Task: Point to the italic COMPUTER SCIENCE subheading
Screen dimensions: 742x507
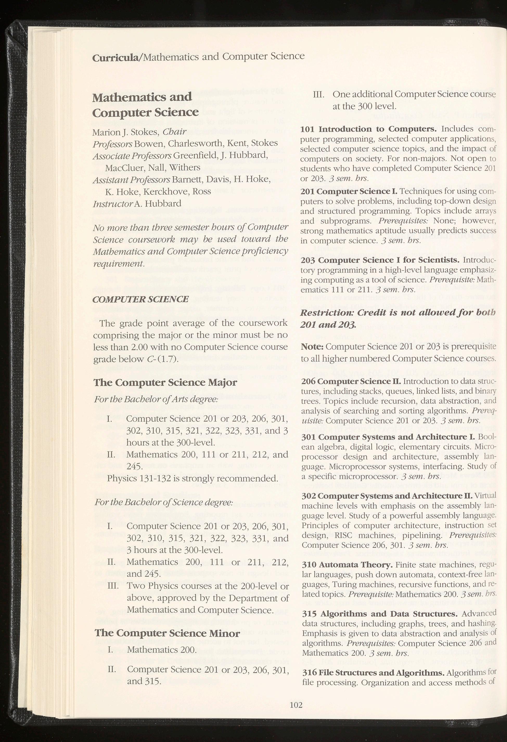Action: coord(140,299)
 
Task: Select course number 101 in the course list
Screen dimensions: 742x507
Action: coord(308,129)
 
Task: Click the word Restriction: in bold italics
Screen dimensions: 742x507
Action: coord(327,312)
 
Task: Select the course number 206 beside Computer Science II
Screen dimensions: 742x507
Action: coord(308,381)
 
